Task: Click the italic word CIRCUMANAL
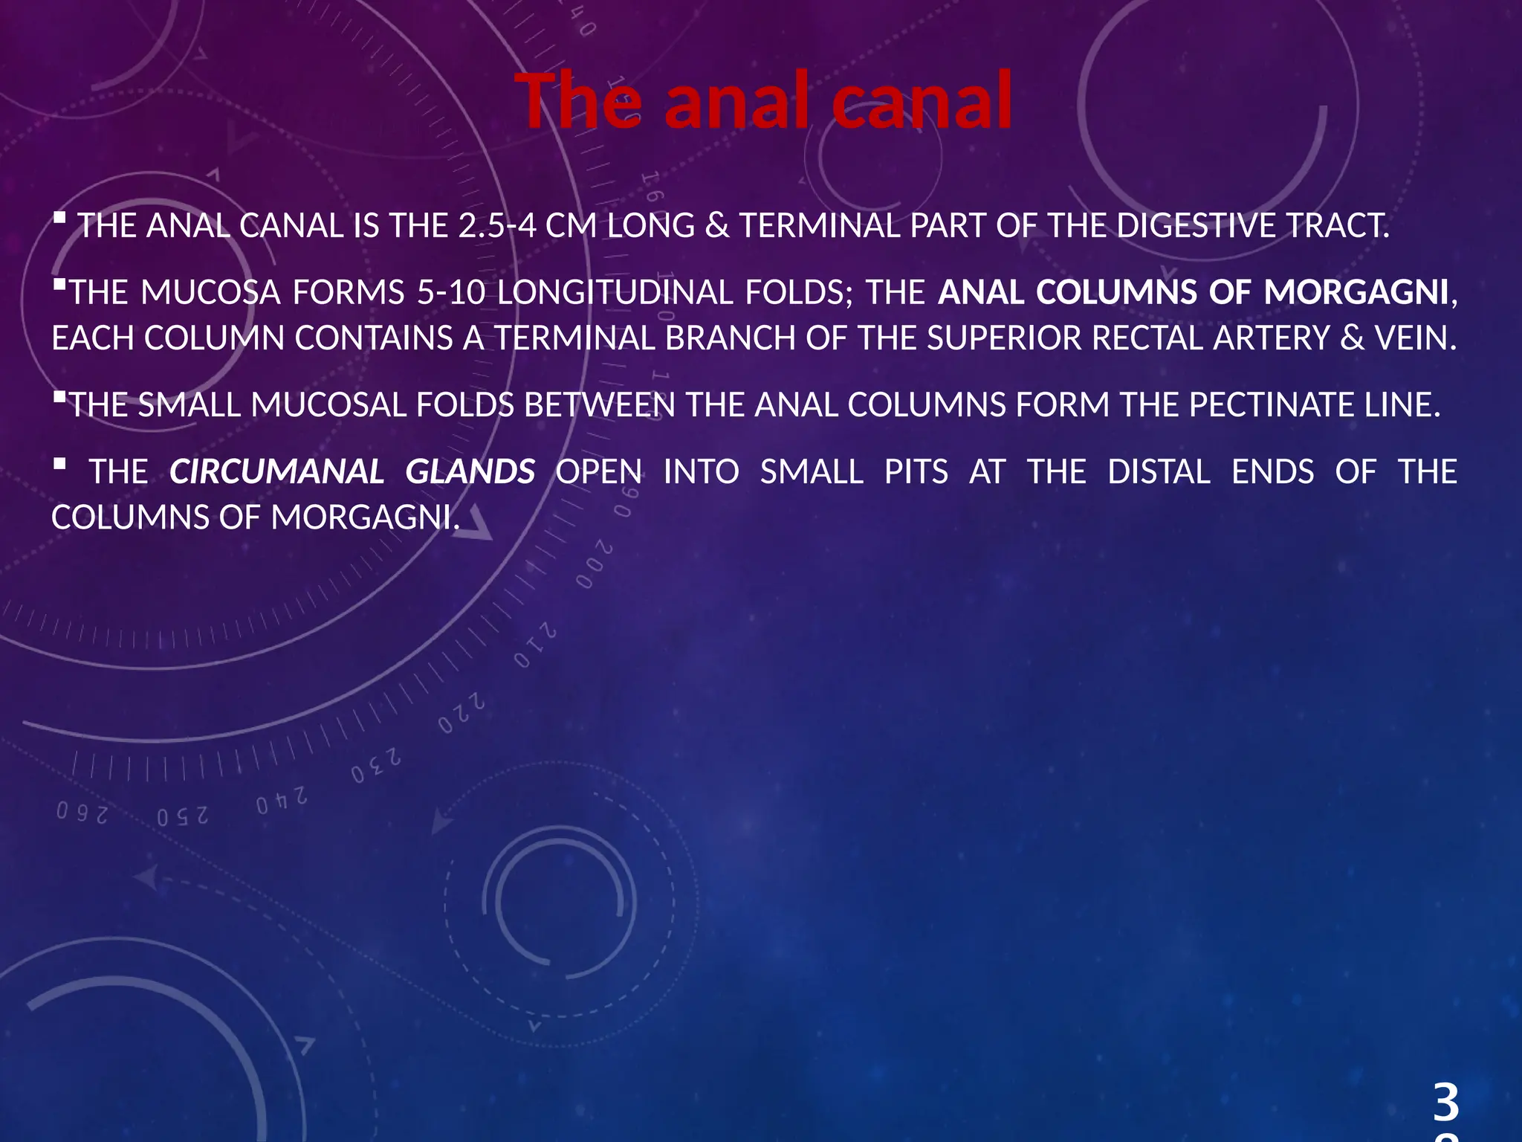[276, 472]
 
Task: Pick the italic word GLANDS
[470, 472]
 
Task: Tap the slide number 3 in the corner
[1445, 1102]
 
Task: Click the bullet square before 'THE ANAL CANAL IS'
[60, 219]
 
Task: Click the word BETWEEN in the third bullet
[600, 405]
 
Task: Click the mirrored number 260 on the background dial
[82, 813]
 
